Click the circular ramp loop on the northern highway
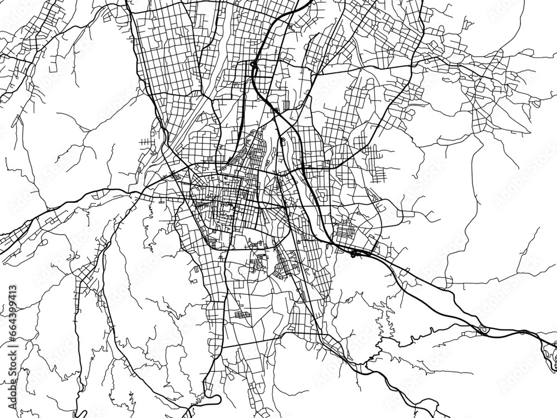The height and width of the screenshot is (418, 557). [254, 65]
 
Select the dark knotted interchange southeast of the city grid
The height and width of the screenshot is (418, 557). [355, 254]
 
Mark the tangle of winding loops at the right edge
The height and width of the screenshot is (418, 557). [549, 351]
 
